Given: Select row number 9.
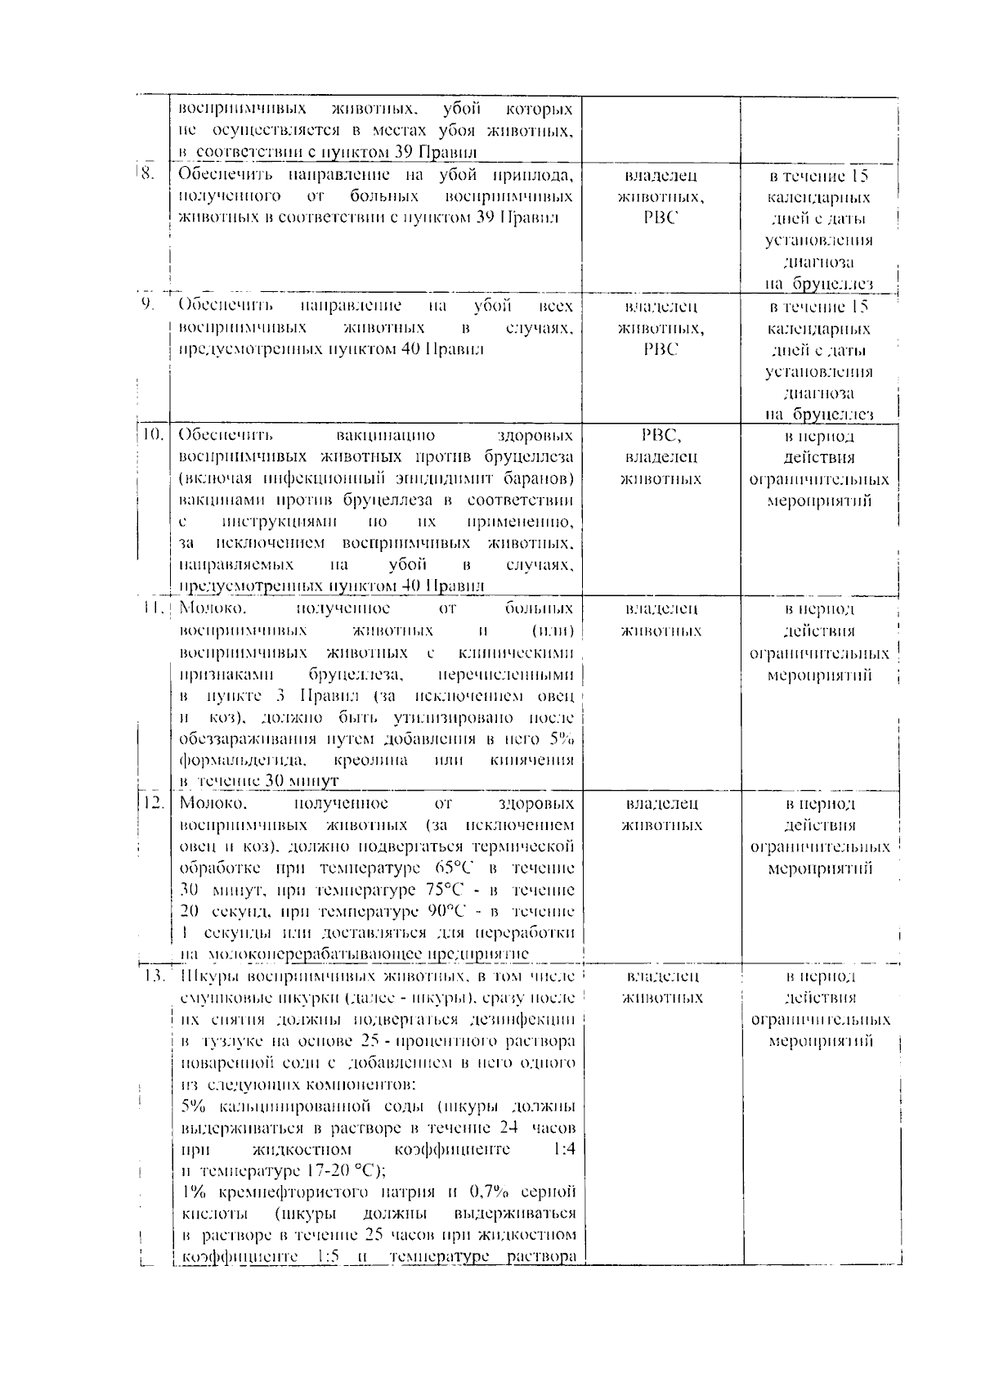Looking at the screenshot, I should pyautogui.click(x=148, y=305).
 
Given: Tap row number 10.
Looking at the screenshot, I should pyautogui.click(x=152, y=434).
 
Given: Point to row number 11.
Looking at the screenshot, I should pyautogui.click(x=152, y=608).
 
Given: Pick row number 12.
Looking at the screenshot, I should pyautogui.click(x=152, y=802).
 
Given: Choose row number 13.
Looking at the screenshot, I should pyautogui.click(x=152, y=976).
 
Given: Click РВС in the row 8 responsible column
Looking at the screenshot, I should pyautogui.click(x=660, y=218).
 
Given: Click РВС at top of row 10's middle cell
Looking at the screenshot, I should pyautogui.click(x=660, y=435).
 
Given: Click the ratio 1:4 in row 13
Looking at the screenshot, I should pyautogui.click(x=563, y=1149).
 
